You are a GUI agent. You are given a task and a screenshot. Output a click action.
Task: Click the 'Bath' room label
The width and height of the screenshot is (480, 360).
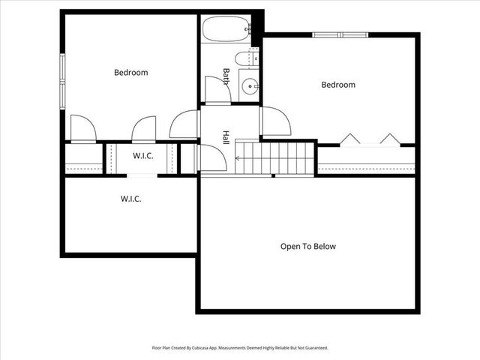[226, 76]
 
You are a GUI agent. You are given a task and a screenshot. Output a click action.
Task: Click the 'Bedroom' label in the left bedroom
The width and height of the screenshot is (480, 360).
[130, 73]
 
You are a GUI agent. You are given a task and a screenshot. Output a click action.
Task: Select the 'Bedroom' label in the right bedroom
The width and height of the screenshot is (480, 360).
[337, 85]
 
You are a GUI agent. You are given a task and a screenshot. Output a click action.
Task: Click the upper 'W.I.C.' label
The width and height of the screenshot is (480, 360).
[143, 156]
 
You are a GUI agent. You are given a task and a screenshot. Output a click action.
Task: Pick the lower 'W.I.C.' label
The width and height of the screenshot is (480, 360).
[130, 199]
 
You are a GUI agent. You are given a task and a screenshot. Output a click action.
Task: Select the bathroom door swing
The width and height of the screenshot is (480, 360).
[216, 91]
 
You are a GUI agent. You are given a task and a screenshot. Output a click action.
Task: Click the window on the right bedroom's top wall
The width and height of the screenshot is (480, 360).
[340, 34]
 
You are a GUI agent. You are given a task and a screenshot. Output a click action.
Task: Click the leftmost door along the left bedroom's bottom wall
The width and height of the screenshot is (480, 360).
[82, 128]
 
